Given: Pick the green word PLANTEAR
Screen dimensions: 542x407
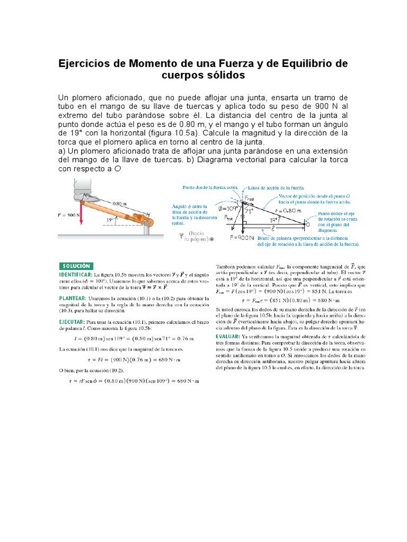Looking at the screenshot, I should coord(72,299).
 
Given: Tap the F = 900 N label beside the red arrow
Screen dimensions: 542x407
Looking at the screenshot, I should coord(67,215).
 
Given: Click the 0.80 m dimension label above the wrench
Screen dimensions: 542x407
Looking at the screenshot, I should coord(120,202).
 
